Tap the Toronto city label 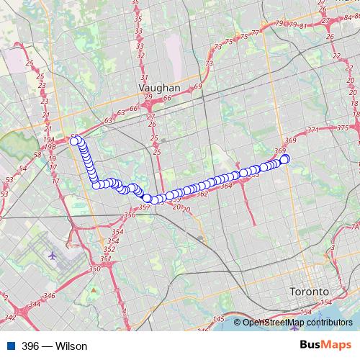[x=308, y=292]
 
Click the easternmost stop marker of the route [x=284, y=159]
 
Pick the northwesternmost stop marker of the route [x=74, y=141]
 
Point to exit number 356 [x=130, y=215]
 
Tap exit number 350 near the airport [x=94, y=269]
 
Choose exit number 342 [x=10, y=317]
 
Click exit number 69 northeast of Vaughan [x=198, y=86]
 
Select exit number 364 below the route [x=225, y=186]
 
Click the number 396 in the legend [x=31, y=346]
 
